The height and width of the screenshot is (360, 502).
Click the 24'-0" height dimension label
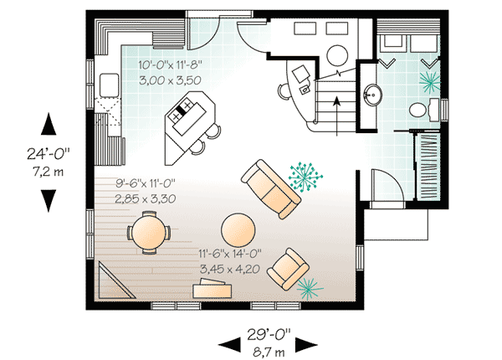point(49,154)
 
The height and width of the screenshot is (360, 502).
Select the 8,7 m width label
point(267,352)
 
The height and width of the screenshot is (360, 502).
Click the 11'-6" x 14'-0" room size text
point(231,253)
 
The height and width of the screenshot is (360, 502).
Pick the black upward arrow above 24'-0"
point(48,125)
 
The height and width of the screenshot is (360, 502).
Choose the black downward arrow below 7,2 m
point(48,200)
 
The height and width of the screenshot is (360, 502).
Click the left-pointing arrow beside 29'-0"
point(228,344)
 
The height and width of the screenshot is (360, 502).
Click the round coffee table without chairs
point(238,229)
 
